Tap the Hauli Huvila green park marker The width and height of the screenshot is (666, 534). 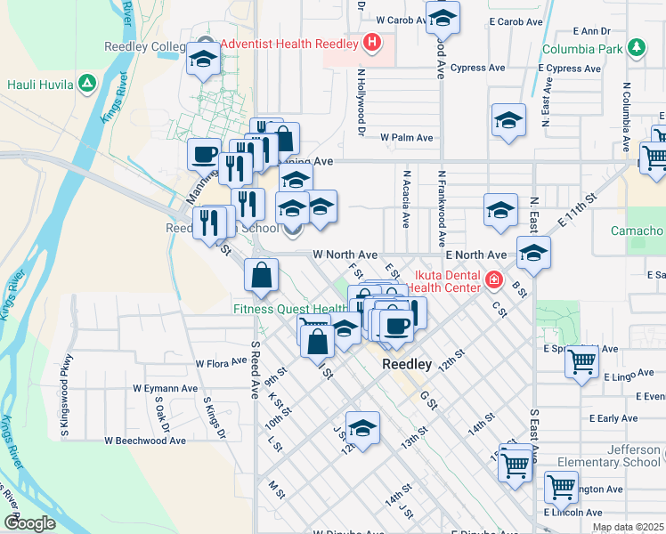pyautogui.click(x=86, y=85)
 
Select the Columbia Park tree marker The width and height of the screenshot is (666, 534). pyautogui.click(x=636, y=48)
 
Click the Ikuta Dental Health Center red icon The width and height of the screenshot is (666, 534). pyautogui.click(x=494, y=281)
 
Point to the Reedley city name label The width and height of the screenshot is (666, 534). pyautogui.click(x=407, y=365)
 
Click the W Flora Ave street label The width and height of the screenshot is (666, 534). pyautogui.click(x=222, y=363)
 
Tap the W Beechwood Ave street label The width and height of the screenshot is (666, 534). pyautogui.click(x=145, y=440)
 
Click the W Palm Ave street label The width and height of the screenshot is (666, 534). pyautogui.click(x=406, y=138)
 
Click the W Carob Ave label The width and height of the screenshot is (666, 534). pyautogui.click(x=401, y=19)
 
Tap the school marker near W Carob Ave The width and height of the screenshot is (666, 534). pyautogui.click(x=443, y=17)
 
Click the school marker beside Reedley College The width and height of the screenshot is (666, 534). pyautogui.click(x=203, y=61)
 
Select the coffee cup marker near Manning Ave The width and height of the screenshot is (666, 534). pyautogui.click(x=204, y=155)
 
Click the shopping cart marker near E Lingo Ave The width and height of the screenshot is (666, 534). pyautogui.click(x=581, y=362)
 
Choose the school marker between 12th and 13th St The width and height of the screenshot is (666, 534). pyautogui.click(x=362, y=429)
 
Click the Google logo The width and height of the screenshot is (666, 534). pyautogui.click(x=30, y=523)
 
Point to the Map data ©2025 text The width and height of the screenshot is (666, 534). pyautogui.click(x=628, y=527)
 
